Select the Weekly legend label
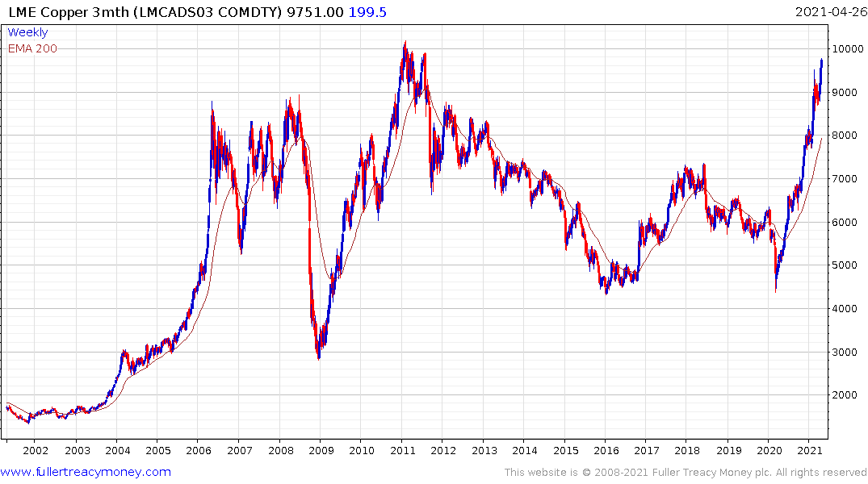[27, 32]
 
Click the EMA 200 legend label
[32, 48]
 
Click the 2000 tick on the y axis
[847, 395]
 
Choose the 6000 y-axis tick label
[847, 222]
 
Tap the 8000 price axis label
[847, 136]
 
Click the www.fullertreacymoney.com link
[86, 472]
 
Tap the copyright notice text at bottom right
[686, 472]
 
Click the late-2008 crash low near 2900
[318, 358]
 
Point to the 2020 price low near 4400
[776, 291]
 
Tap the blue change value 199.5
[367, 11]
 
